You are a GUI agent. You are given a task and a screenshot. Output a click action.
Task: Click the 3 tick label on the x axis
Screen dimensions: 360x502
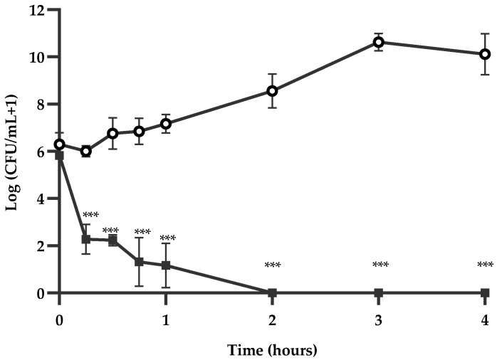379,320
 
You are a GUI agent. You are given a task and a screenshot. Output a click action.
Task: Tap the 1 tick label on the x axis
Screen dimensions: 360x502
166,320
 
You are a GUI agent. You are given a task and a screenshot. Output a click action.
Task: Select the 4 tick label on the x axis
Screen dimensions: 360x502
485,320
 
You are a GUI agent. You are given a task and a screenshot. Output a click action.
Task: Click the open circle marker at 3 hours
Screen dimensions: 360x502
379,42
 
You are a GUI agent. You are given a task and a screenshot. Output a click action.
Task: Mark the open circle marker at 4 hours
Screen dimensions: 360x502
485,54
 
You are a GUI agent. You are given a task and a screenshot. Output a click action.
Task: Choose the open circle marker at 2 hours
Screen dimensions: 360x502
272,91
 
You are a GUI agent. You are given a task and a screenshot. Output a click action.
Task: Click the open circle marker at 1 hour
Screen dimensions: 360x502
166,124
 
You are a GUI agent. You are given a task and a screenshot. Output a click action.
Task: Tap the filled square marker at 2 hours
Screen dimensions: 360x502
272,292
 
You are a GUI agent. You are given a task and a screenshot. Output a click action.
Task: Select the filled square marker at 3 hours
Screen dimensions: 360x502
379,292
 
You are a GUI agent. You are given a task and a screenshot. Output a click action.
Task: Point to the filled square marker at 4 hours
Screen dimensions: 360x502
485,292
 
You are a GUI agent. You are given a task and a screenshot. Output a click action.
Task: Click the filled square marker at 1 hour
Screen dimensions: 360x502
166,265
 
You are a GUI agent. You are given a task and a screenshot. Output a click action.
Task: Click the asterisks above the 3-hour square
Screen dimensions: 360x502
380,266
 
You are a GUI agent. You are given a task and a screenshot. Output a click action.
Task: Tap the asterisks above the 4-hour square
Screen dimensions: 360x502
485,266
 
